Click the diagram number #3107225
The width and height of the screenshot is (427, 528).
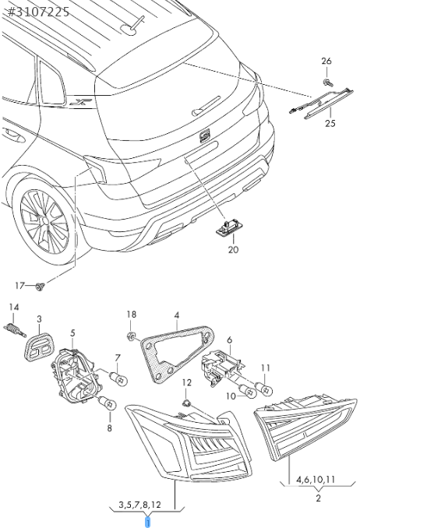(38, 12)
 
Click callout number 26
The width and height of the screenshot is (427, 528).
(326, 61)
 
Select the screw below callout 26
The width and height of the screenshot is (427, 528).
(327, 83)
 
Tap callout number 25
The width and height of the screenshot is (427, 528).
(330, 123)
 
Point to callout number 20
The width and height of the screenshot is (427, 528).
(233, 249)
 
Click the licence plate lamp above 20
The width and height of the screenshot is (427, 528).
(230, 228)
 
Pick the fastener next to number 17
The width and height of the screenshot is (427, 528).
(40, 287)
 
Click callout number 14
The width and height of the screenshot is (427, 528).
(14, 307)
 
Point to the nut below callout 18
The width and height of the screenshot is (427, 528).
(131, 336)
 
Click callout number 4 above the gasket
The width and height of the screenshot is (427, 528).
(177, 315)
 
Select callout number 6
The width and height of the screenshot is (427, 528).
(230, 340)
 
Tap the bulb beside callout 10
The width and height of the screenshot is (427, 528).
(246, 390)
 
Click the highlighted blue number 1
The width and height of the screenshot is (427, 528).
(147, 522)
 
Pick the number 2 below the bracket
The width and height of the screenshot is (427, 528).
(318, 498)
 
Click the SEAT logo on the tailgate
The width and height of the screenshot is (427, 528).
(205, 136)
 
